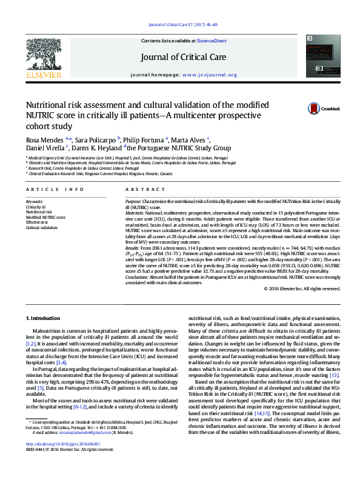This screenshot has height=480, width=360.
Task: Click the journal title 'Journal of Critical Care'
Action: (x=184, y=58)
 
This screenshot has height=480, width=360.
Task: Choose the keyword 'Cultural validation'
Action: (x=42, y=228)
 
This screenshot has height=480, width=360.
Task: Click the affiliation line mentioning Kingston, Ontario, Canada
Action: (x=100, y=173)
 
